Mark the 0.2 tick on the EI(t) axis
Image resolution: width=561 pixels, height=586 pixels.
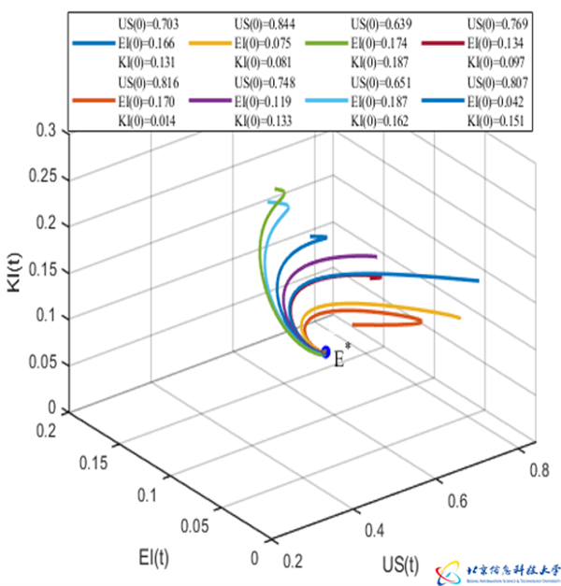(47, 429)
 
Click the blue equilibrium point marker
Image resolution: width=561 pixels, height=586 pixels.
(325, 352)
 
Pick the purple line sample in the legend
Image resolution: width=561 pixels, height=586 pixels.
(211, 103)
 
